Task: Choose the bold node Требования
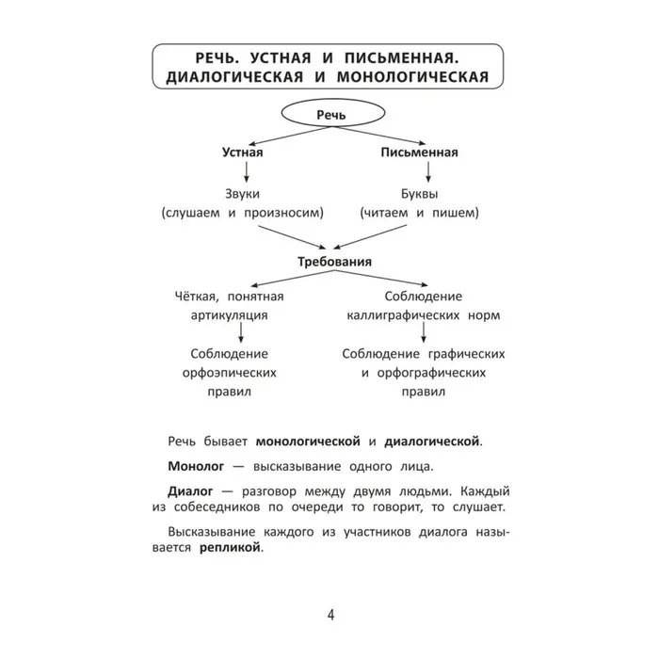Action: pyautogui.click(x=330, y=261)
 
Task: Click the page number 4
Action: pyautogui.click(x=330, y=616)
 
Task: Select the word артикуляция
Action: pyautogui.click(x=242, y=314)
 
